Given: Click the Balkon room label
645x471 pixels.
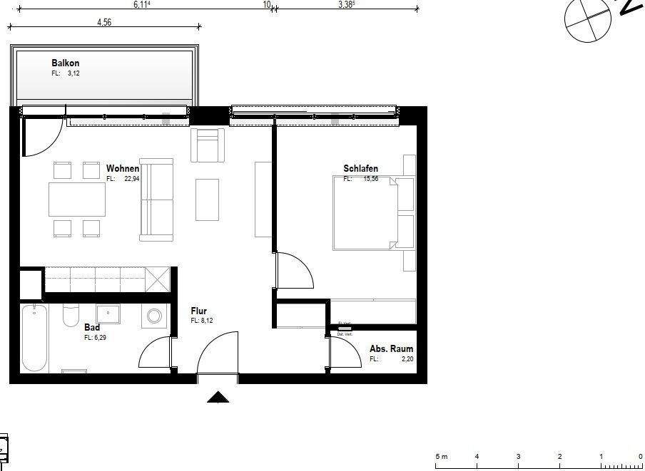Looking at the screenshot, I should [65, 63].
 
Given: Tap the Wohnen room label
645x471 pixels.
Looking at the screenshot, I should [123, 169].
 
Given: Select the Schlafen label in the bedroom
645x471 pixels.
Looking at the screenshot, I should [360, 169].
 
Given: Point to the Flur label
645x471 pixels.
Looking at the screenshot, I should [198, 311].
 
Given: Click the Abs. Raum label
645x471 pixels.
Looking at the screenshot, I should [391, 349].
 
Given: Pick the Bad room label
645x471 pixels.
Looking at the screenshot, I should [92, 327].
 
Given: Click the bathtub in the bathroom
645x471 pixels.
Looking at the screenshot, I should [33, 338].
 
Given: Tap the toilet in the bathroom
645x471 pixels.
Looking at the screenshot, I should [71, 315].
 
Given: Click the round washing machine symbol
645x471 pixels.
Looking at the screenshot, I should [155, 316].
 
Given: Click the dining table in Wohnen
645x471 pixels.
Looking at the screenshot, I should [77, 200].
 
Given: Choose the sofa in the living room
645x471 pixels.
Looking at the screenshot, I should [156, 200].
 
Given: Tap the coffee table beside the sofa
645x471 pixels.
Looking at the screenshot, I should [207, 200].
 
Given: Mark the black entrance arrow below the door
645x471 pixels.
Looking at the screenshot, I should [218, 398].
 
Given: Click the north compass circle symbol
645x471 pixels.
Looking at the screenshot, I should [588, 19].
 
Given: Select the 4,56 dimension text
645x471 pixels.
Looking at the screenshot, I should [104, 22].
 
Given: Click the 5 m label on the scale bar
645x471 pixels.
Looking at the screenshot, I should [441, 456].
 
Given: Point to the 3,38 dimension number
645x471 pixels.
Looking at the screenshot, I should [346, 4].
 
